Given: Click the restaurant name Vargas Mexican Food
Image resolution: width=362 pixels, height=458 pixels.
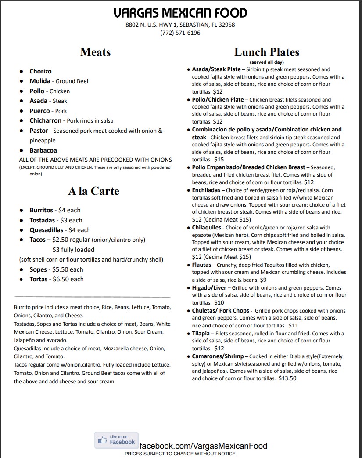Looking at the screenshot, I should click(x=180, y=13).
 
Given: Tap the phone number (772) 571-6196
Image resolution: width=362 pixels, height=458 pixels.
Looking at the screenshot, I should click(x=180, y=33).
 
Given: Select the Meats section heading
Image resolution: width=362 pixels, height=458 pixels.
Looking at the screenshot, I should click(x=95, y=52).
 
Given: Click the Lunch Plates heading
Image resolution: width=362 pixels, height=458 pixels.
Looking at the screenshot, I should click(x=266, y=52).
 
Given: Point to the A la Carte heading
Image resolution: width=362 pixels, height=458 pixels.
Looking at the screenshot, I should click(x=93, y=191).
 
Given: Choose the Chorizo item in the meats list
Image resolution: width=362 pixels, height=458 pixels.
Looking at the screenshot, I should click(x=40, y=71).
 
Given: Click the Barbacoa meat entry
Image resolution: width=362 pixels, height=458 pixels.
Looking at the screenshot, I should click(x=43, y=150).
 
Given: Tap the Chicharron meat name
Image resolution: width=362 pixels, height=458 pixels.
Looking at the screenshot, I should click(x=46, y=120).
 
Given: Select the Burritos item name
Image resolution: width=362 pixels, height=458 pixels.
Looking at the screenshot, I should click(x=41, y=210).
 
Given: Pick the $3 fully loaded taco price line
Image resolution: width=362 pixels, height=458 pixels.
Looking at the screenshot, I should click(x=73, y=250).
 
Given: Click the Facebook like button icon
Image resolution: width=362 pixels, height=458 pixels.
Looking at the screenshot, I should click(x=116, y=440).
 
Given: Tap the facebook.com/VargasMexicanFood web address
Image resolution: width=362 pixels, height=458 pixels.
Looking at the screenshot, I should click(x=203, y=446).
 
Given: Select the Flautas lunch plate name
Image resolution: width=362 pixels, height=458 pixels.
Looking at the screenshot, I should click(x=204, y=265).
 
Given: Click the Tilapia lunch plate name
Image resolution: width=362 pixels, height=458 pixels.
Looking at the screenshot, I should click(x=201, y=334).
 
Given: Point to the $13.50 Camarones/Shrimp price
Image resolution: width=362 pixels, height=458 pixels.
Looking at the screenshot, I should click(x=287, y=378).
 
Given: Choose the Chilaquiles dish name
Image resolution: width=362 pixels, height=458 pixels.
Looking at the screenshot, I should click(x=206, y=228).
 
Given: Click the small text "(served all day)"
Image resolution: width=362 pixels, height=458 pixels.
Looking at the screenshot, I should click(x=266, y=62).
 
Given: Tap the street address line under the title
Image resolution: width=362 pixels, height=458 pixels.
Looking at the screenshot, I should click(x=180, y=25).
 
